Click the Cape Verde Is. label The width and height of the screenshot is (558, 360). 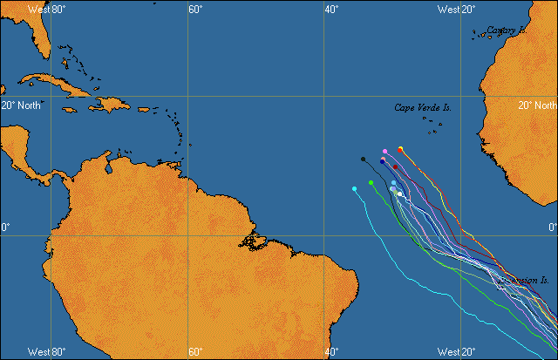423,108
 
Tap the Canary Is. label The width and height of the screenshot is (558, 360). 506,31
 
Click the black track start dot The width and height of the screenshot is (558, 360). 363,160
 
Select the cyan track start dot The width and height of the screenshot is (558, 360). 354,188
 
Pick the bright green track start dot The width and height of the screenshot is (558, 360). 371,182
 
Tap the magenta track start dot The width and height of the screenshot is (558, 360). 384,152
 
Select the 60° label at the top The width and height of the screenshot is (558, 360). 195,10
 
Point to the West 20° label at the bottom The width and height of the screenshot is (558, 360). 456,351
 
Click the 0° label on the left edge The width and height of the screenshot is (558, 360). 5,228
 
